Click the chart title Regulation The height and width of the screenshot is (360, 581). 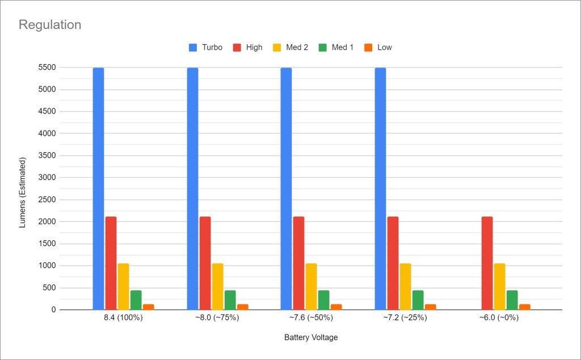click(50, 25)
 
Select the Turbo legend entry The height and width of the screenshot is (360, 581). click(206, 47)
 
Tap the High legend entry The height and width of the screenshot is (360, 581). click(248, 47)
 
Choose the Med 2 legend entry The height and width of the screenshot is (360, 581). click(291, 47)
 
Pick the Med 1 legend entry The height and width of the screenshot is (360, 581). click(336, 47)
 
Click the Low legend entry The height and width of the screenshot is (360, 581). click(378, 47)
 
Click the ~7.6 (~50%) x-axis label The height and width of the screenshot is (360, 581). click(311, 318)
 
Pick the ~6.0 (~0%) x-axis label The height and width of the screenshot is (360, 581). click(499, 318)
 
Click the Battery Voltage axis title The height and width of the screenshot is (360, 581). click(311, 337)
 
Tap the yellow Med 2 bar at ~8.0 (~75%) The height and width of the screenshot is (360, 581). click(218, 286)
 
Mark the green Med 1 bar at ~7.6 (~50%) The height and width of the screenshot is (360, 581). click(324, 300)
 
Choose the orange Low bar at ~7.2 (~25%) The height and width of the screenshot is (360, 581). click(430, 307)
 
